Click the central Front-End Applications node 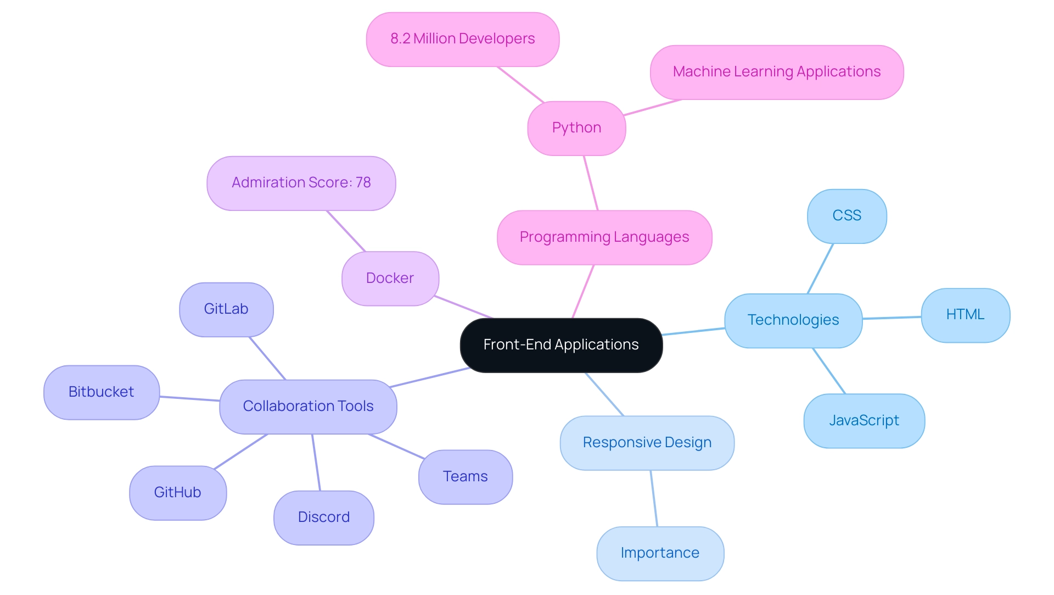click(x=561, y=345)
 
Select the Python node click(x=576, y=128)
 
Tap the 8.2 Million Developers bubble click(x=462, y=39)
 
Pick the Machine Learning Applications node click(x=776, y=72)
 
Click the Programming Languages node click(x=604, y=237)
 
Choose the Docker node click(x=390, y=279)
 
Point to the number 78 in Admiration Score click(x=363, y=182)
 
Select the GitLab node click(x=226, y=309)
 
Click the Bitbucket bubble click(x=102, y=392)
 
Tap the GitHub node click(x=177, y=493)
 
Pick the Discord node click(x=323, y=518)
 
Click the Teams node click(x=465, y=477)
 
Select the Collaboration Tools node click(x=308, y=407)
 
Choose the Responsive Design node click(x=647, y=443)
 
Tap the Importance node click(x=660, y=553)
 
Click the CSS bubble click(x=846, y=216)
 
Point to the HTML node click(x=965, y=315)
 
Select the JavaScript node click(x=864, y=421)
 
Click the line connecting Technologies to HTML click(x=892, y=318)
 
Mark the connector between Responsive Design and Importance click(x=654, y=498)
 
